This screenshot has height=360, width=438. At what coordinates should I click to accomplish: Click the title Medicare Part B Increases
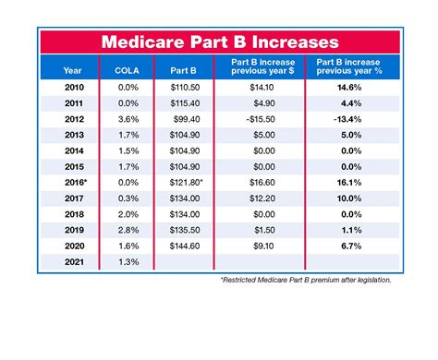tap(219, 42)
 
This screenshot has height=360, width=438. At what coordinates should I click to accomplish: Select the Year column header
tap(72, 69)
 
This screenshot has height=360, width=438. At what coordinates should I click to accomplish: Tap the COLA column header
tap(127, 69)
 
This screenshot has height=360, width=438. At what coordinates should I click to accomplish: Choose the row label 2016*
tap(72, 184)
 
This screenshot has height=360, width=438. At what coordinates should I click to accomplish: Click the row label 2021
tap(72, 262)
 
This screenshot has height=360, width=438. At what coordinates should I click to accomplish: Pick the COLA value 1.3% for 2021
tap(127, 262)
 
